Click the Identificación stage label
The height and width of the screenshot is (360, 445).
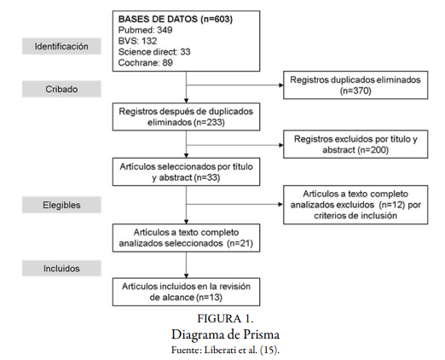coord(61,47)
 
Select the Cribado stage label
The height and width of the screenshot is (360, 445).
coord(61,88)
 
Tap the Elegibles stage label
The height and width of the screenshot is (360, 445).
coord(61,205)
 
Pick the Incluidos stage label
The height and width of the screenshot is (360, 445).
coord(61,268)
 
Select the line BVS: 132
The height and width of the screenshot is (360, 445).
coord(136,41)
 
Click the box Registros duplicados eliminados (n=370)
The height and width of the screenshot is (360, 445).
coord(356,84)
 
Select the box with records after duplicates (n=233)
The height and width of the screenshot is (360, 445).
coord(186,117)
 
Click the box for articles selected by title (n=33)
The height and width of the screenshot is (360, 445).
coord(186,172)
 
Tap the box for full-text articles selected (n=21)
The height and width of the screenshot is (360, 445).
coord(186,237)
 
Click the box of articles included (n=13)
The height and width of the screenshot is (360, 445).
coord(186,292)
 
